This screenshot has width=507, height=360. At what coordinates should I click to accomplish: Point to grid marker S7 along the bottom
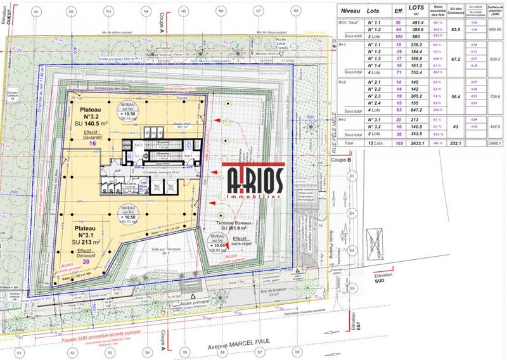257,352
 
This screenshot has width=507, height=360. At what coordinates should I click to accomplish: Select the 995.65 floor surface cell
494,30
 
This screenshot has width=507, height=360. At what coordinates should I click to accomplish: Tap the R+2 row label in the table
342,82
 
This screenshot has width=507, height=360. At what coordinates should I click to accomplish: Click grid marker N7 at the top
258,11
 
